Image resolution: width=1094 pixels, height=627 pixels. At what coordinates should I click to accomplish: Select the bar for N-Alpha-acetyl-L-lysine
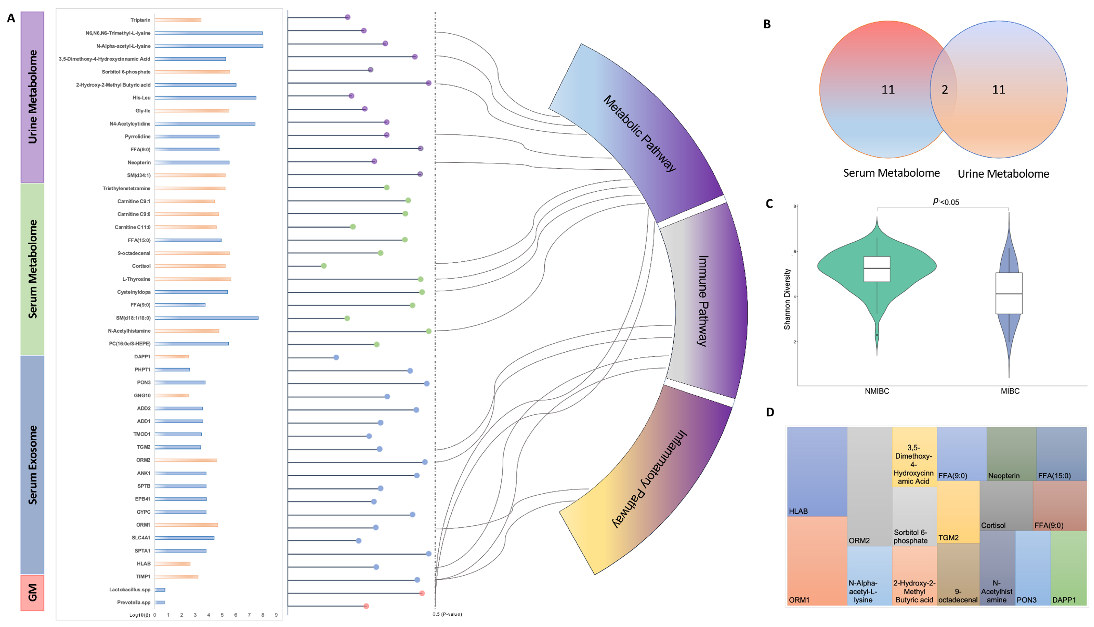tap(209, 46)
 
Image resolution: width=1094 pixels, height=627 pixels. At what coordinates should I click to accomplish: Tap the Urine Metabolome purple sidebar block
tap(32, 97)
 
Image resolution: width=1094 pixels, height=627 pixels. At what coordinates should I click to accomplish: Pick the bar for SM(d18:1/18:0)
tap(207, 318)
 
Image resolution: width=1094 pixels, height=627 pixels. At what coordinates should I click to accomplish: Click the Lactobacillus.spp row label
tap(130, 590)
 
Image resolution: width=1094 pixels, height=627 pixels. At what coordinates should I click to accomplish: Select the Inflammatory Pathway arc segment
tap(650, 478)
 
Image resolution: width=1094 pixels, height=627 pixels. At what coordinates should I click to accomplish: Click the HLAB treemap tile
tap(817, 472)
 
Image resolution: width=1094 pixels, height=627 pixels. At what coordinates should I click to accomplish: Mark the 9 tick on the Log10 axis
tap(276, 615)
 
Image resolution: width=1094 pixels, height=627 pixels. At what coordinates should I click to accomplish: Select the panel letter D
tap(770, 412)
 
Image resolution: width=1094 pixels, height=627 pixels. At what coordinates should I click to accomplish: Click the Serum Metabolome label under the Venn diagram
tap(891, 173)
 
